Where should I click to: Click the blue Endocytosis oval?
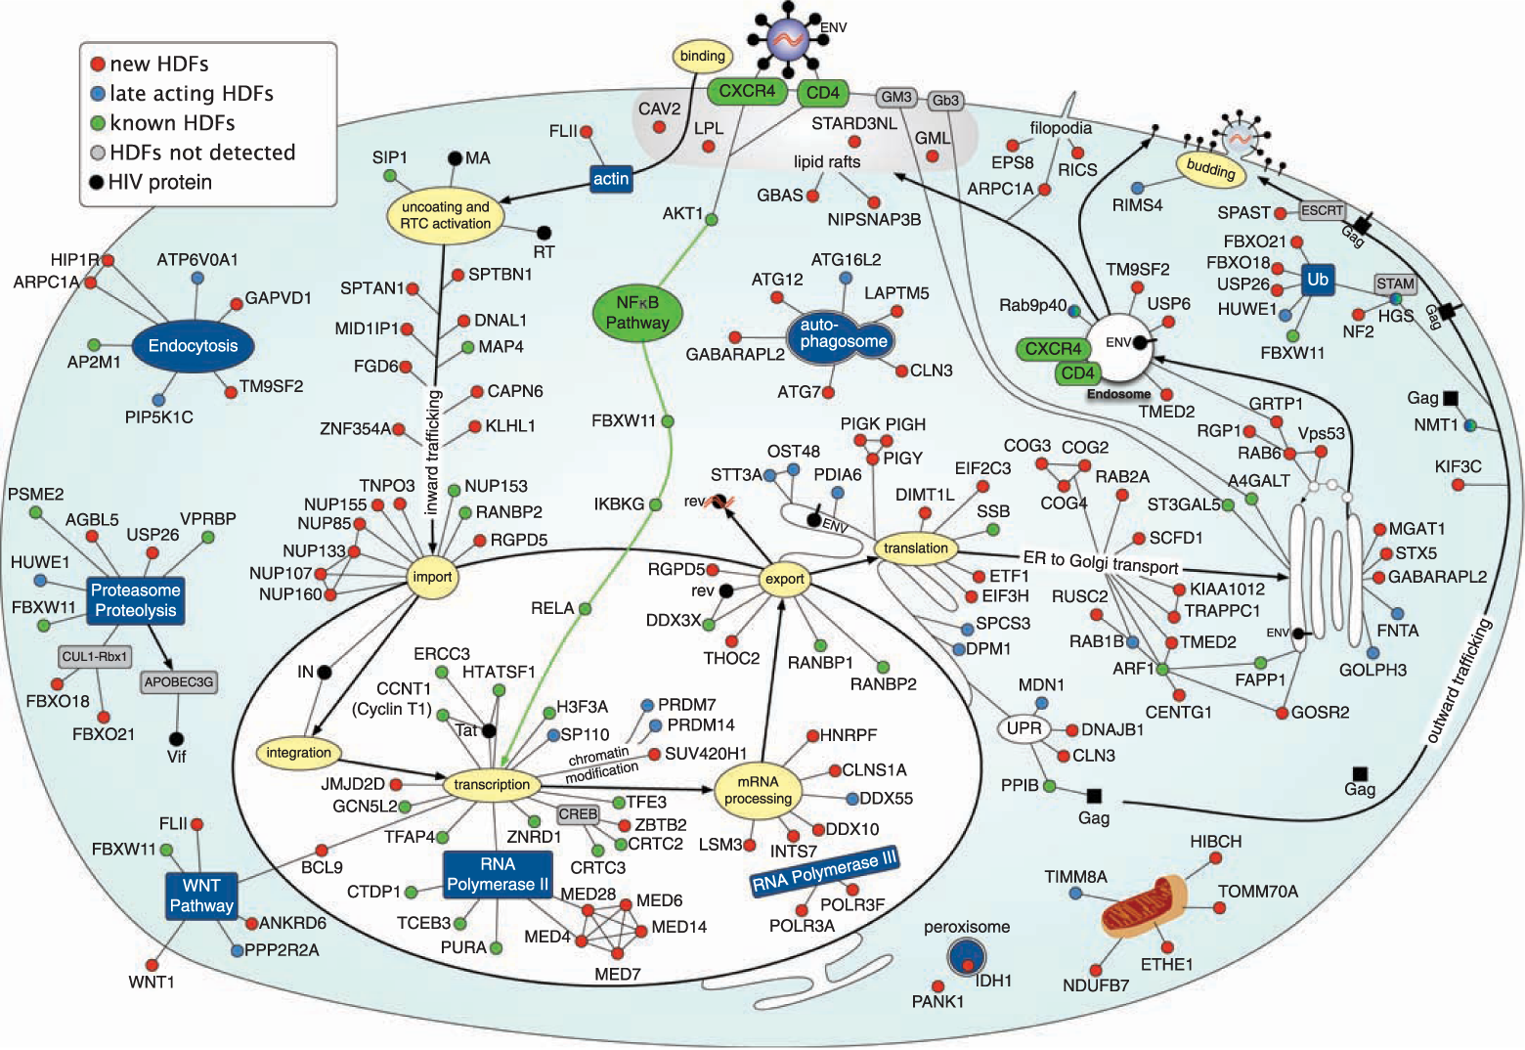193,346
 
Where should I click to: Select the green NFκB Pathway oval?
637,313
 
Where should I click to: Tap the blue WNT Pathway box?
201,896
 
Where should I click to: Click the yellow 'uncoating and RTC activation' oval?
446,215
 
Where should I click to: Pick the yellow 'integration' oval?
298,753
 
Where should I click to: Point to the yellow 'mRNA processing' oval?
758,790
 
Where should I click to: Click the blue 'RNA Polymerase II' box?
498,874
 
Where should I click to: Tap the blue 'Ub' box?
1318,280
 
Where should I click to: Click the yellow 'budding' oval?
1211,169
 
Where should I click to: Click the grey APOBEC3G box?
179,682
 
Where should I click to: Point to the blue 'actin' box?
611,178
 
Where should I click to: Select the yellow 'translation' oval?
916,548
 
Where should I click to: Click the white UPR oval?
1024,728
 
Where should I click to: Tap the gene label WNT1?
152,982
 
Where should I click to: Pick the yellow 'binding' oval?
702,56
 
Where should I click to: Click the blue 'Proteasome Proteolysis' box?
136,600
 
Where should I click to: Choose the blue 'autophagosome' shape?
843,334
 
